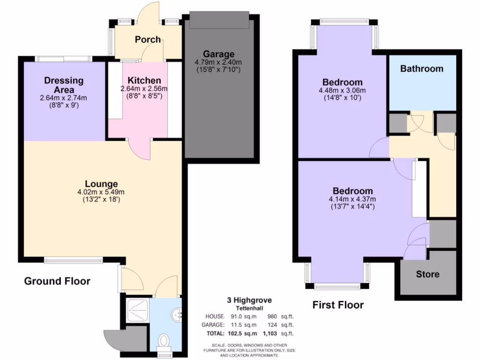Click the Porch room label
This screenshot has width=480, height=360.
pos(148,39)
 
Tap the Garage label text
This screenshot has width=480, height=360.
pos(218,54)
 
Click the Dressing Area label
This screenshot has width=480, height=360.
pos(64,85)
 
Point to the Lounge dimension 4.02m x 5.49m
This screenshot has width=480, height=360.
pos(101,192)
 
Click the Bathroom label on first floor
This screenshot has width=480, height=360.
pos(421,68)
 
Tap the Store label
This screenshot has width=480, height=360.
pos(427,274)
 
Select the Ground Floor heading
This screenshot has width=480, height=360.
pos(57,281)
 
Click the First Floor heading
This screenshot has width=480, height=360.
pos(338,305)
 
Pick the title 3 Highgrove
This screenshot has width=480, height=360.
pos(249,300)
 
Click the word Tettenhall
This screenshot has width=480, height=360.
pos(249,308)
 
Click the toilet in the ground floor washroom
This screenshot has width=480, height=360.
pos(164,340)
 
